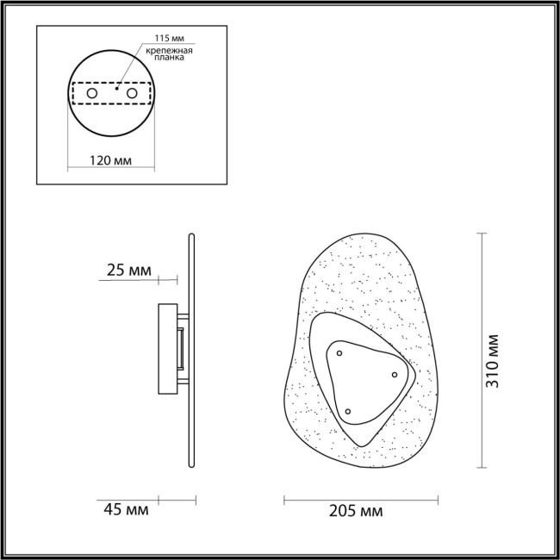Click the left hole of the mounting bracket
(92, 92)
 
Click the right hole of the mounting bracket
(132, 92)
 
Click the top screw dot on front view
(339, 352)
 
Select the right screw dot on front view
(395, 374)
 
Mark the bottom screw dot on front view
(348, 411)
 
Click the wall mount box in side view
(169, 347)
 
